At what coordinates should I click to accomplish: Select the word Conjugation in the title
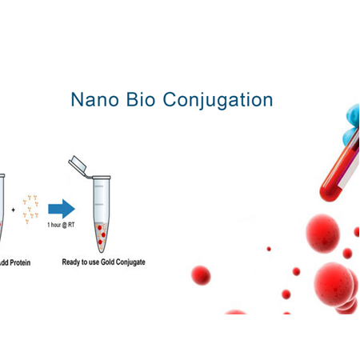click(218, 100)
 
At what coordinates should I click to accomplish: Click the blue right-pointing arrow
click(61, 210)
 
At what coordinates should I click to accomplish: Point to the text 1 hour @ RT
click(61, 228)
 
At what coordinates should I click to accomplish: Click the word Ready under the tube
click(74, 262)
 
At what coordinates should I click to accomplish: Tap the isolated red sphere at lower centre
click(201, 275)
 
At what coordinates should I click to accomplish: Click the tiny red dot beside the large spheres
click(269, 249)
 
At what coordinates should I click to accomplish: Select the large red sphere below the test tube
click(323, 233)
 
